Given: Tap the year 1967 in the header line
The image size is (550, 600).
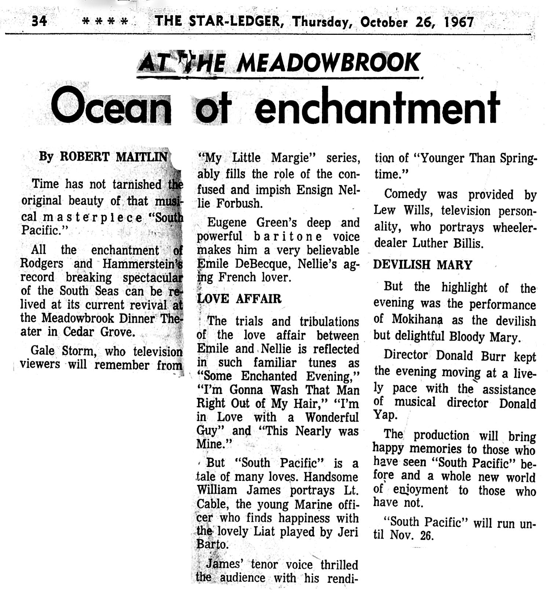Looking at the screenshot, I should click(x=459, y=22).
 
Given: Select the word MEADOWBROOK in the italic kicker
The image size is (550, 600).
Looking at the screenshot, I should click(x=327, y=63).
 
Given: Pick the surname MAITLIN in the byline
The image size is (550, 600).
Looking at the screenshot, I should click(x=142, y=157).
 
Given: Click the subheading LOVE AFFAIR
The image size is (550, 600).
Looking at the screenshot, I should click(x=239, y=299).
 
